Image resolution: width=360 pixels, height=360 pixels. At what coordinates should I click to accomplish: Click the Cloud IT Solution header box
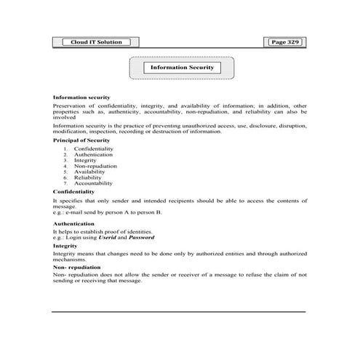(87, 43)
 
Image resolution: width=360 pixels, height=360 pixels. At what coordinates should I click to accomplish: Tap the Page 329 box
(284, 43)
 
